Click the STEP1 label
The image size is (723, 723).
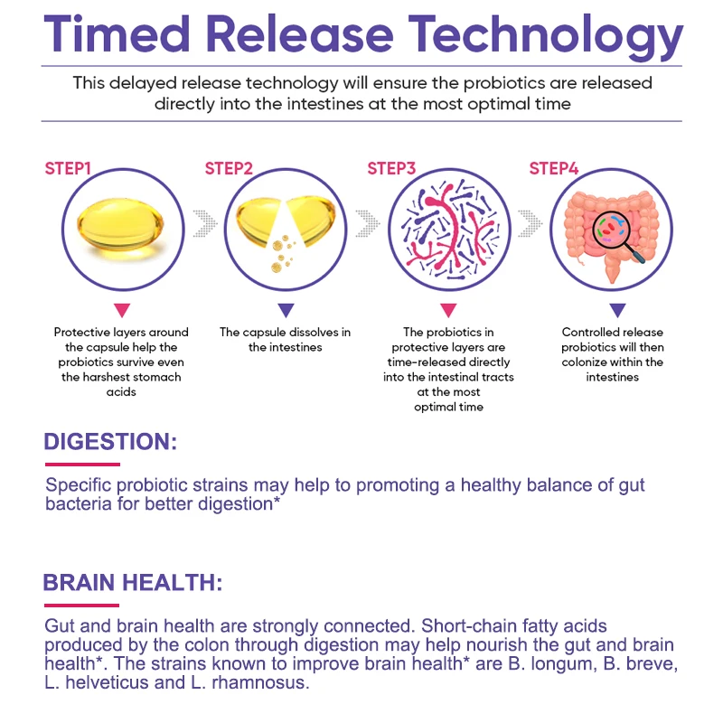(68, 169)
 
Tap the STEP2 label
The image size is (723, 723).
(229, 169)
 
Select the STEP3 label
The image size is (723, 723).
(391, 169)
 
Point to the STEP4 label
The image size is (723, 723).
(554, 169)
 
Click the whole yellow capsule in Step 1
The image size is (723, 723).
(120, 225)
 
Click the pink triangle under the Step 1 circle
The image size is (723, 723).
(122, 310)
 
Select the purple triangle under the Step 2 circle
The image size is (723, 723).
(286, 310)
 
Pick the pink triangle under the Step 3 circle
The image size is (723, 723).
(448, 310)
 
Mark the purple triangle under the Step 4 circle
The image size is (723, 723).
(617, 310)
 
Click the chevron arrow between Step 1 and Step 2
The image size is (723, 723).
(205, 223)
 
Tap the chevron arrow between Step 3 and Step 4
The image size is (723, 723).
(530, 223)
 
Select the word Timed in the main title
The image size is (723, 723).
(117, 33)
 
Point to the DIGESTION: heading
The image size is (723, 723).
(110, 441)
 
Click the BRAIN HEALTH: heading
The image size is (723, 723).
(133, 582)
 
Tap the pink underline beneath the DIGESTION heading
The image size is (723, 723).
(82, 465)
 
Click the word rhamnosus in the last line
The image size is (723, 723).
(260, 682)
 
